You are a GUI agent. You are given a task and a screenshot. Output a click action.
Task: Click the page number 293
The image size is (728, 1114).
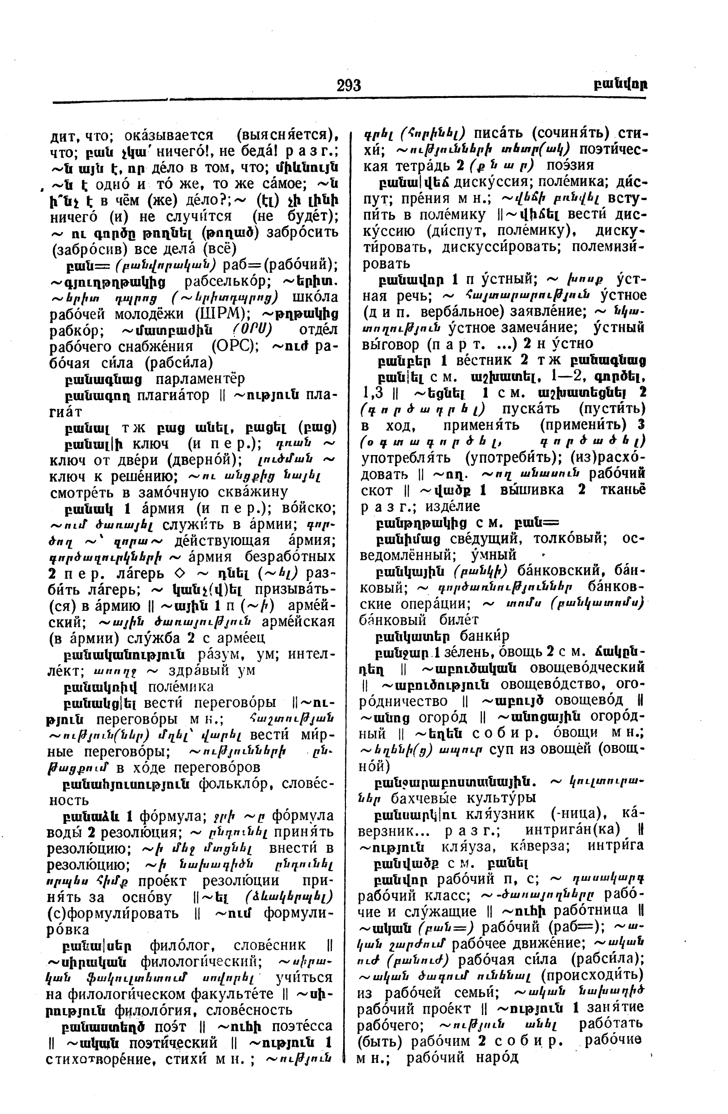[x=349, y=85]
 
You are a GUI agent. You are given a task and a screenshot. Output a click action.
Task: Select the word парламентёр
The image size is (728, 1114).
[x=200, y=379]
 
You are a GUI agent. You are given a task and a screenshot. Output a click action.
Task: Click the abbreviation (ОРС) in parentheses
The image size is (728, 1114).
[x=234, y=346]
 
